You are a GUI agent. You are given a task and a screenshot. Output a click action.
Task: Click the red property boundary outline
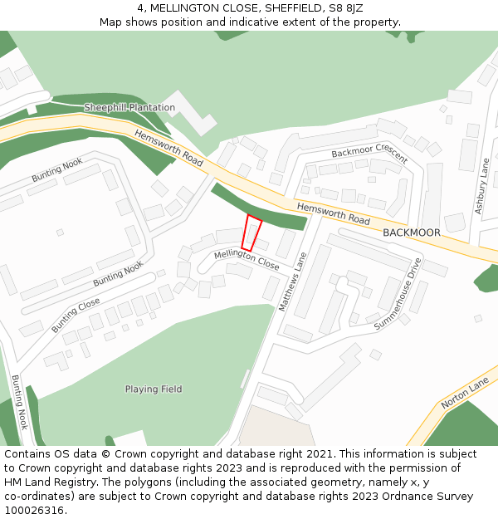click(251, 233)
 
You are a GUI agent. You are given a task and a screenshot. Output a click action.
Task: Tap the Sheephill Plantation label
click(129, 108)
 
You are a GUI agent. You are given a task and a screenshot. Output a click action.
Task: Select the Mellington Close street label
click(247, 260)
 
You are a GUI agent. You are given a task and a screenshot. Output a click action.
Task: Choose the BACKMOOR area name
click(412, 233)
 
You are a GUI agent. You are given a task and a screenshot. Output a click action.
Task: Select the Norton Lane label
click(466, 394)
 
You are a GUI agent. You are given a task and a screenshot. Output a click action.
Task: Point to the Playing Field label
click(154, 389)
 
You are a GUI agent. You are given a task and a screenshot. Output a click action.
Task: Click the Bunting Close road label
click(76, 315)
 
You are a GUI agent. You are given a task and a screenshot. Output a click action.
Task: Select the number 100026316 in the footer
click(33, 511)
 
